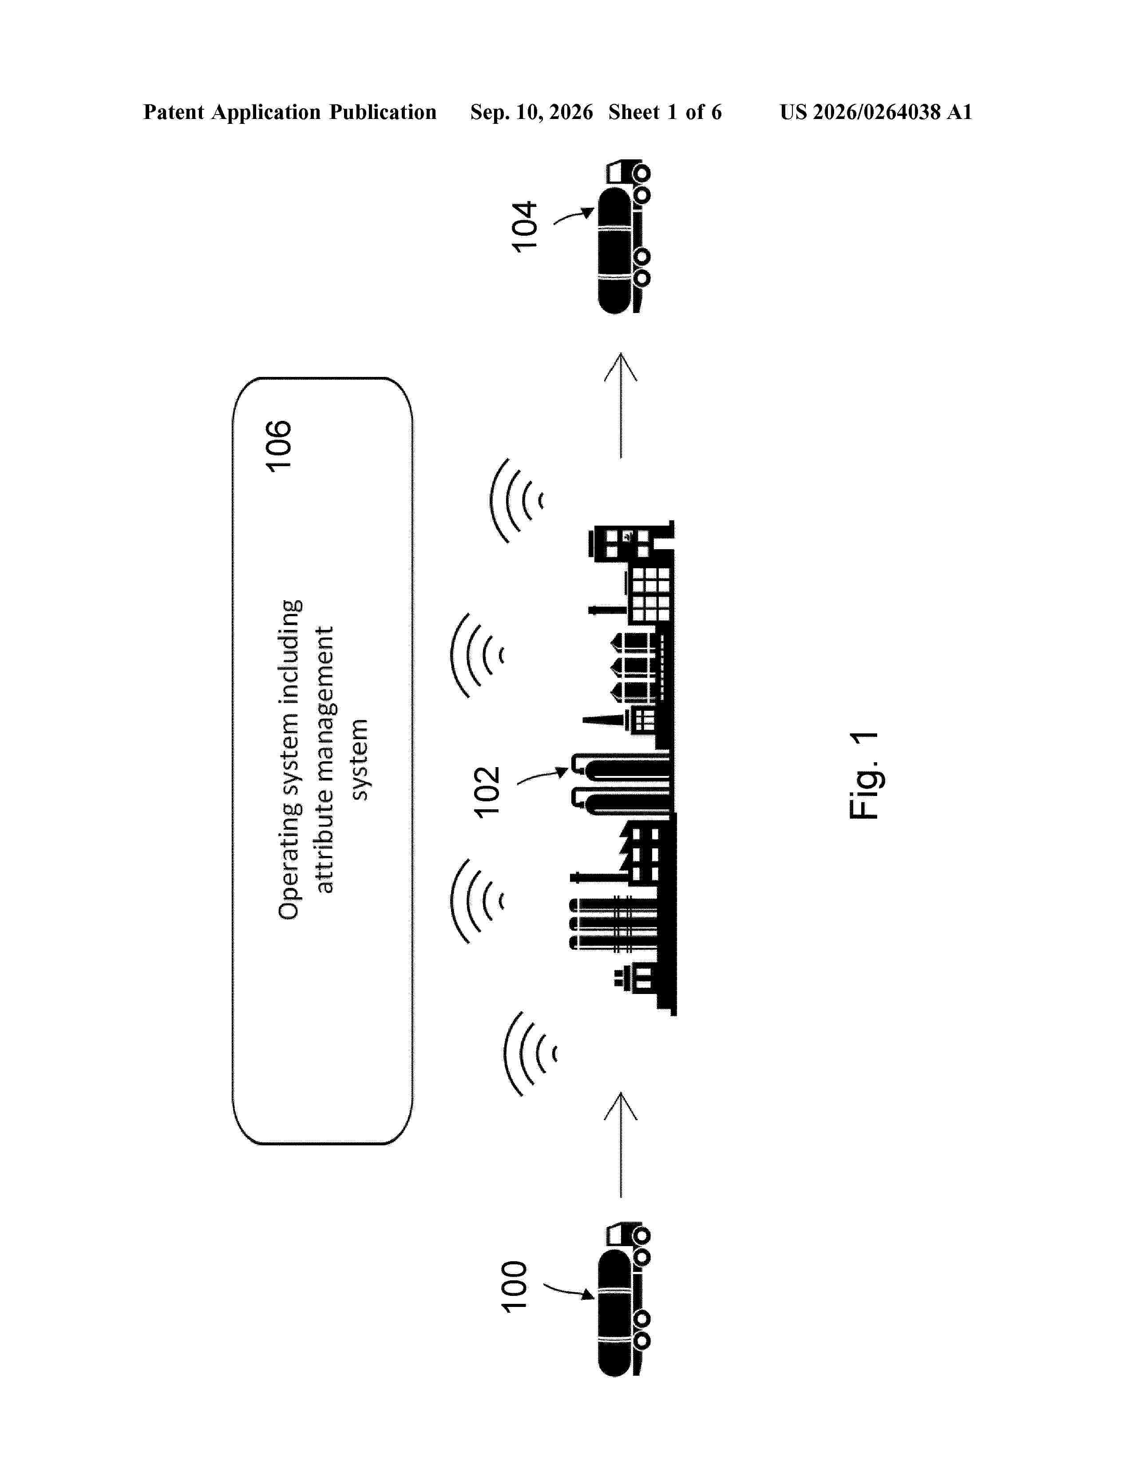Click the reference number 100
coord(515,1286)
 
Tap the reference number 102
coord(487,792)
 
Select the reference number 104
coord(524,227)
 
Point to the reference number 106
coord(278,446)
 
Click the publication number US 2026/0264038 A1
coord(876,112)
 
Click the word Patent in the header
coord(174,112)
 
